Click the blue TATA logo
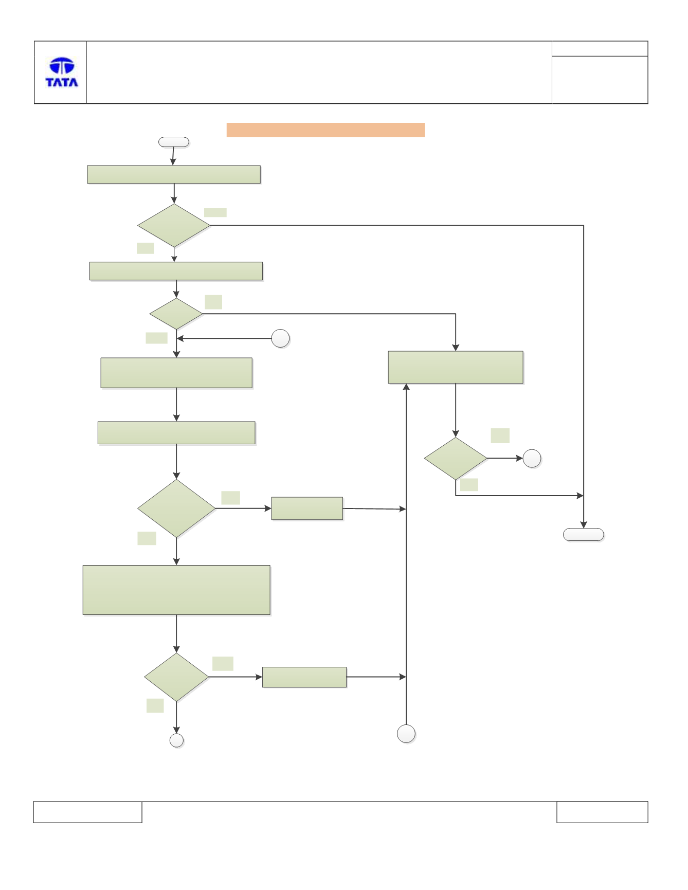tap(62, 72)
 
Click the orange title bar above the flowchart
tap(325, 130)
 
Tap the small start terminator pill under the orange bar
tap(174, 142)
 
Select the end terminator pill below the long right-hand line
tap(584, 535)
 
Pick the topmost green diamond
tap(174, 225)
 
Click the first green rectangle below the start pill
tap(174, 174)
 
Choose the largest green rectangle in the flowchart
tap(176, 590)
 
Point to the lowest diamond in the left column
tap(176, 677)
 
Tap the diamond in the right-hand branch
tap(456, 458)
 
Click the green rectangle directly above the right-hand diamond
tap(456, 367)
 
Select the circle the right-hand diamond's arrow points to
tap(532, 458)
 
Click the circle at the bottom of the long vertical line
tap(406, 734)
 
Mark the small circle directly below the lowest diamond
tap(176, 740)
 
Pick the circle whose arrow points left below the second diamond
tap(280, 338)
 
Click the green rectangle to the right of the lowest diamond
tap(304, 677)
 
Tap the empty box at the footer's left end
tap(87, 812)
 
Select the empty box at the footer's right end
tap(602, 812)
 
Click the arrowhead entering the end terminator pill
tap(584, 524)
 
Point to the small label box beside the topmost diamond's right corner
tap(215, 212)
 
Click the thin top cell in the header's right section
tap(600, 48)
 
